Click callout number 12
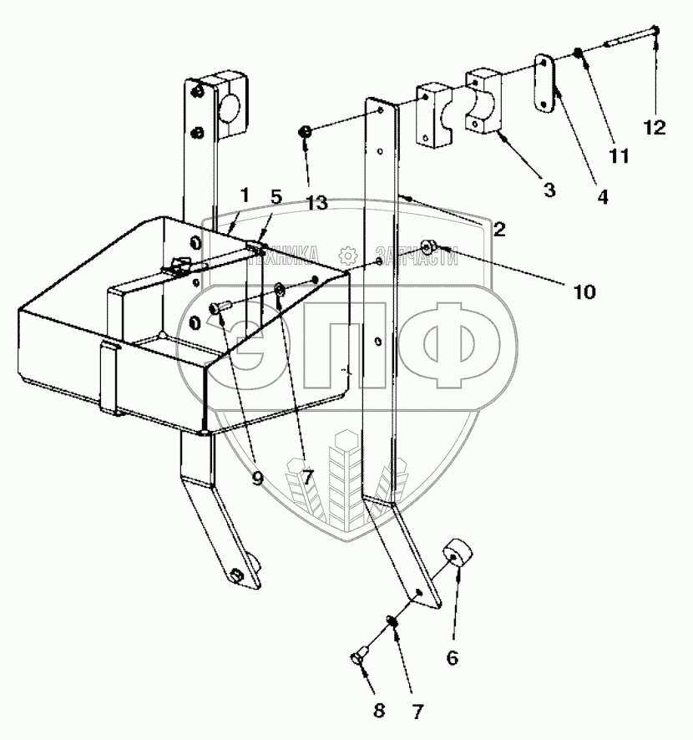[655, 128]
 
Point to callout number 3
[549, 189]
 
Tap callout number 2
[498, 230]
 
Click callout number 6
[452, 657]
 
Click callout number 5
[276, 198]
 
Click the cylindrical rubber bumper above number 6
[458, 555]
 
